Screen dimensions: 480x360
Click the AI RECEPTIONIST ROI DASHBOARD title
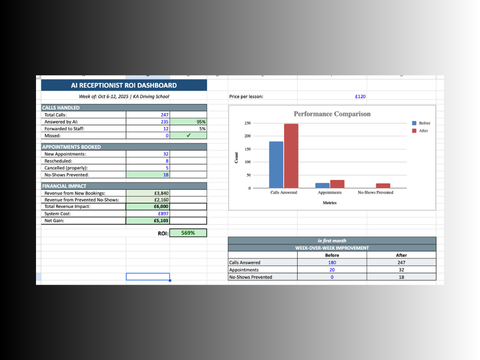coord(124,85)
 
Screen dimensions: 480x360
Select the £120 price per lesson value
coord(360,96)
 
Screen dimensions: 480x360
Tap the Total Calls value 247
coord(164,115)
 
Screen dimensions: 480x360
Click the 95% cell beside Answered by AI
coord(201,122)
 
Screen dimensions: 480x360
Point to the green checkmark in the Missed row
coord(189,135)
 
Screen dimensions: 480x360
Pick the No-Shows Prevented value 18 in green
coord(166,175)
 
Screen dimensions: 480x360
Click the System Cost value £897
coord(163,214)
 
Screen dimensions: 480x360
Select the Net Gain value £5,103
coord(161,221)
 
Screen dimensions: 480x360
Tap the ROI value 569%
coord(188,233)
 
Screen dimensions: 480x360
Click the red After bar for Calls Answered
coord(291,156)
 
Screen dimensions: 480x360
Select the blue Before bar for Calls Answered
coord(276,165)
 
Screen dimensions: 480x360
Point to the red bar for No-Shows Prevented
coord(383,185)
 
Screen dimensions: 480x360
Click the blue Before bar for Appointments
coord(323,185)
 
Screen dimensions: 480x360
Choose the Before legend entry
coord(421,123)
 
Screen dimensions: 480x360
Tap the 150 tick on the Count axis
coord(247,149)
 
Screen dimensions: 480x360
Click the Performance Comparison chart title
coord(332,114)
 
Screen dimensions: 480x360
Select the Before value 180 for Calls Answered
coord(332,263)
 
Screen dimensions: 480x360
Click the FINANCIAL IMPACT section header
coord(64,186)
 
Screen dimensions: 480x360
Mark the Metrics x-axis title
coord(330,203)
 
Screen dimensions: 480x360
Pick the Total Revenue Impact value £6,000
coord(161,206)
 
